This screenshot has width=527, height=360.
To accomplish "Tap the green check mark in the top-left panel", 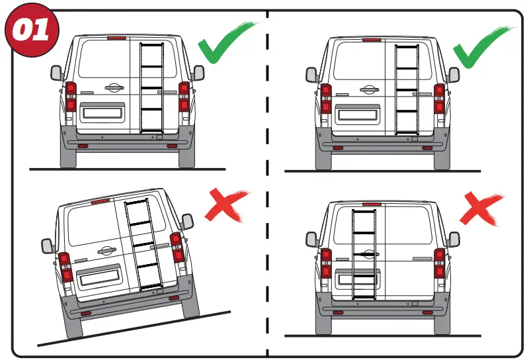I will pyautogui.click(x=225, y=46).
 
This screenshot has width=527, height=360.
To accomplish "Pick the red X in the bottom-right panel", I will pyautogui.click(x=482, y=209).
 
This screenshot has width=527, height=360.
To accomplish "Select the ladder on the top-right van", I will pyautogui.click(x=406, y=90).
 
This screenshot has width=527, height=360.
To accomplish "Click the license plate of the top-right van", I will pyautogui.click(x=358, y=114).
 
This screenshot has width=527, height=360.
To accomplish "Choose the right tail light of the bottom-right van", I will pyautogui.click(x=439, y=263).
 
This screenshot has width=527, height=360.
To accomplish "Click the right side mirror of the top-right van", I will pyautogui.click(x=453, y=75).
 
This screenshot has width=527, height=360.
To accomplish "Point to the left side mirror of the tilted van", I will pyautogui.click(x=47, y=246).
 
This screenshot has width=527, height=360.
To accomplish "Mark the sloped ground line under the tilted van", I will pyautogui.click(x=132, y=328).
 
